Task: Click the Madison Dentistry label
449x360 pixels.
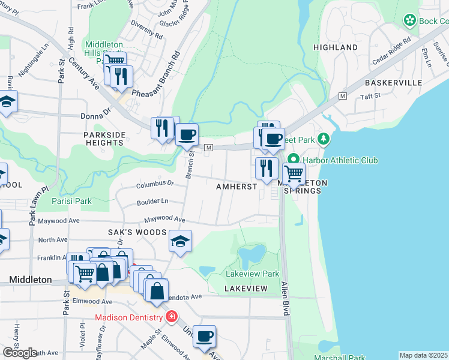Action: click(x=128, y=317)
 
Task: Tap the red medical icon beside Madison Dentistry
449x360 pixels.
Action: click(x=172, y=316)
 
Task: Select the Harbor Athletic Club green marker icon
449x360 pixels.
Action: click(x=293, y=160)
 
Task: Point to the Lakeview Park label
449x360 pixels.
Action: click(x=252, y=274)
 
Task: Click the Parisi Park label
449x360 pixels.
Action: click(x=71, y=201)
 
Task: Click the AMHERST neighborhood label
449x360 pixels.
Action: click(x=237, y=187)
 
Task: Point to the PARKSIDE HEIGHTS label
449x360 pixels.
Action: click(x=104, y=139)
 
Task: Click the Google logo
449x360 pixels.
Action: click(x=20, y=353)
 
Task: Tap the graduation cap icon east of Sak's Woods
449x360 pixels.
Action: click(x=180, y=241)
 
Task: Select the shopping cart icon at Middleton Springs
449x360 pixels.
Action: click(x=293, y=173)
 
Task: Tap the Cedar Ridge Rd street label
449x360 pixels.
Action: click(x=393, y=50)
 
